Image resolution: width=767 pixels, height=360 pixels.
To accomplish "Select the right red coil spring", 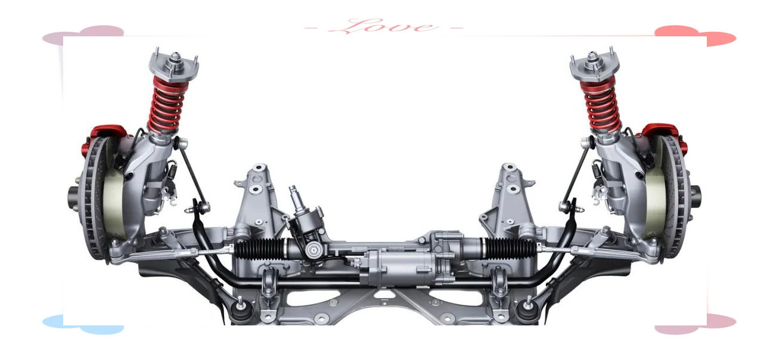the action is coord(601,104).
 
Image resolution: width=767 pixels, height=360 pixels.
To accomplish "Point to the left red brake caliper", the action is coord(103,137).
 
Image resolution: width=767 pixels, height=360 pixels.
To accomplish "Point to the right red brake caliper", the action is coord(665,137).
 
